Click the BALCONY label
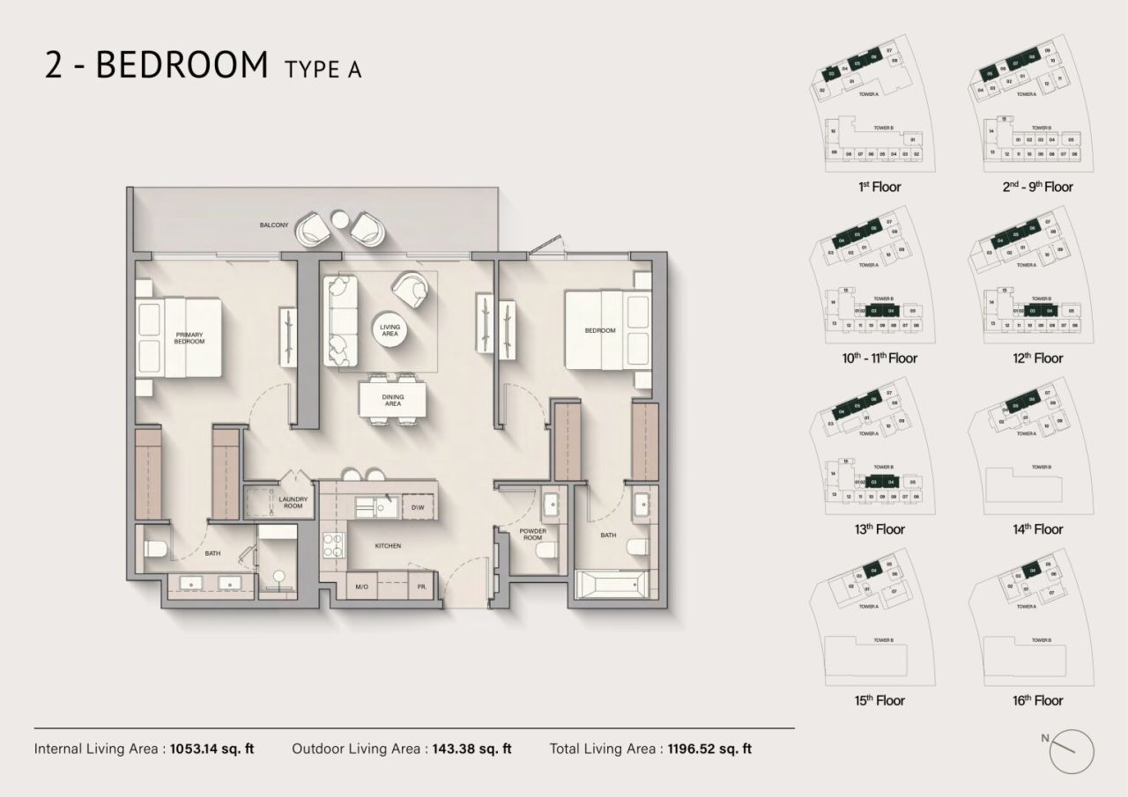click(274, 225)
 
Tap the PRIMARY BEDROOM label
click(189, 338)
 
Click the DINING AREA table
click(393, 401)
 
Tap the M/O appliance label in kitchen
click(361, 587)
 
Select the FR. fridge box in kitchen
click(423, 587)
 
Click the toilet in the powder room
click(545, 551)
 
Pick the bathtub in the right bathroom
click(611, 584)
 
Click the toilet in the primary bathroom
click(156, 550)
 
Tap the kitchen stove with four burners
click(334, 546)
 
